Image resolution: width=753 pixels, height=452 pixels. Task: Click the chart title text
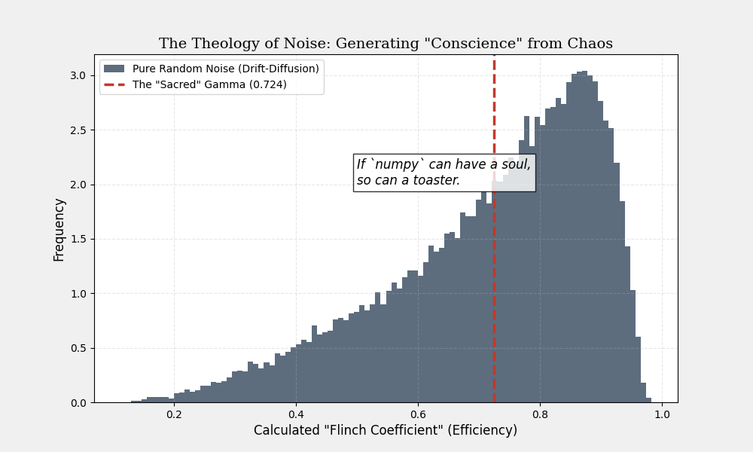click(x=386, y=44)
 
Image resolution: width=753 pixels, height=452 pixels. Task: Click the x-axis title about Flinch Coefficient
click(x=386, y=430)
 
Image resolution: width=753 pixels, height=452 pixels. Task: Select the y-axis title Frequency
click(x=59, y=229)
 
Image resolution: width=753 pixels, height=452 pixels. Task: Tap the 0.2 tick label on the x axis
click(x=174, y=414)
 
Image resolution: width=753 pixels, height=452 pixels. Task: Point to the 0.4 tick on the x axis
click(x=296, y=414)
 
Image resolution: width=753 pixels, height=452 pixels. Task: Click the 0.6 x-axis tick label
click(x=418, y=414)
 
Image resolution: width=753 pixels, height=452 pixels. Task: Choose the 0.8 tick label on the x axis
click(x=540, y=414)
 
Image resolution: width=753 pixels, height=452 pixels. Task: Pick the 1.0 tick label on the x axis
click(x=662, y=414)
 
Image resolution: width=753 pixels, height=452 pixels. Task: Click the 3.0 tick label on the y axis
click(x=79, y=75)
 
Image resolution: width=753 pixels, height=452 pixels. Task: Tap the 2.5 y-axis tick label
click(x=79, y=130)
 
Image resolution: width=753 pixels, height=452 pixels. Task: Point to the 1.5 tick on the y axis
click(x=79, y=239)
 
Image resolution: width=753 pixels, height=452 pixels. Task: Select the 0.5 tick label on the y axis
click(x=79, y=348)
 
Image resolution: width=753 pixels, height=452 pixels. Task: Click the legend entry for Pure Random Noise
click(x=225, y=69)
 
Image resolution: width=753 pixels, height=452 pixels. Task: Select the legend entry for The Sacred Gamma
click(x=209, y=84)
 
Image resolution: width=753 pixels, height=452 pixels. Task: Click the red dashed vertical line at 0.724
click(x=494, y=301)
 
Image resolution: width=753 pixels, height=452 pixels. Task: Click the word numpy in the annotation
click(x=396, y=165)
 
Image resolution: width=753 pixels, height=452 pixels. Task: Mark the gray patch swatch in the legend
click(x=114, y=69)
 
